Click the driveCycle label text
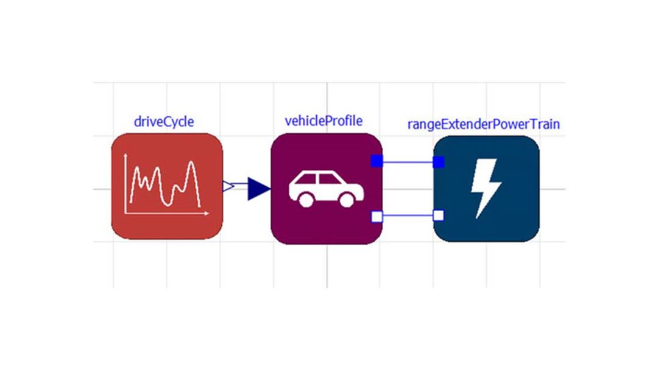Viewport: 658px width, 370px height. point(164,122)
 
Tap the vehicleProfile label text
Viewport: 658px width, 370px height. point(324,121)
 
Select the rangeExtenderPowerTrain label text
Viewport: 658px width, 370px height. point(483,125)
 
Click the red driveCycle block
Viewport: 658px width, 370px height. point(167,186)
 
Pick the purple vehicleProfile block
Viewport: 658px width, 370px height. point(327,189)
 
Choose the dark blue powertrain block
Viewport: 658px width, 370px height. point(486,189)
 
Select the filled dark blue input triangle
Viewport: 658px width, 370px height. point(258,189)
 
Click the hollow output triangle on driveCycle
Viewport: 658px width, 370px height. point(228,186)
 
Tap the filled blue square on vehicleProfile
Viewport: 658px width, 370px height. point(377,161)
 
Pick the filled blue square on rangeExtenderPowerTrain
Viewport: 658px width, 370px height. point(439,162)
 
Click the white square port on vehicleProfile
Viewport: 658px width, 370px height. point(377,217)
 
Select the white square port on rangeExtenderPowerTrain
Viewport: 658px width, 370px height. point(439,215)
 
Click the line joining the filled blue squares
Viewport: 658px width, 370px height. point(408,162)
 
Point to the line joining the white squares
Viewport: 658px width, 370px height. point(408,216)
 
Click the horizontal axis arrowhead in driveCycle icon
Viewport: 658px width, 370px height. point(206,214)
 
